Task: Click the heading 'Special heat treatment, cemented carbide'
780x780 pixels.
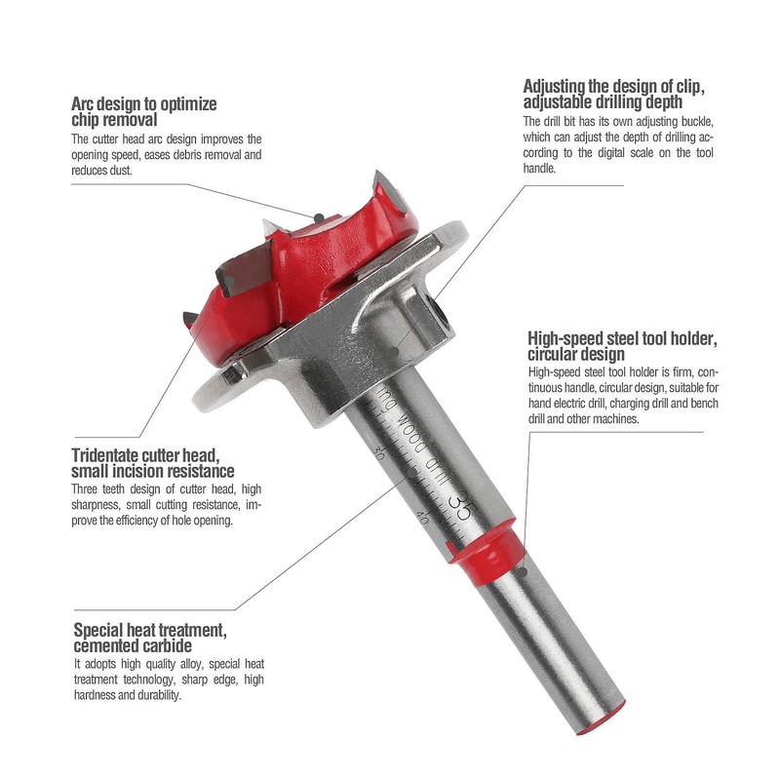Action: point(150,638)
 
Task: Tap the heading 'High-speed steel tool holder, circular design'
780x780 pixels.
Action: point(622,346)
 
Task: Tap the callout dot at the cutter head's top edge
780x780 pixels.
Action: point(316,215)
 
